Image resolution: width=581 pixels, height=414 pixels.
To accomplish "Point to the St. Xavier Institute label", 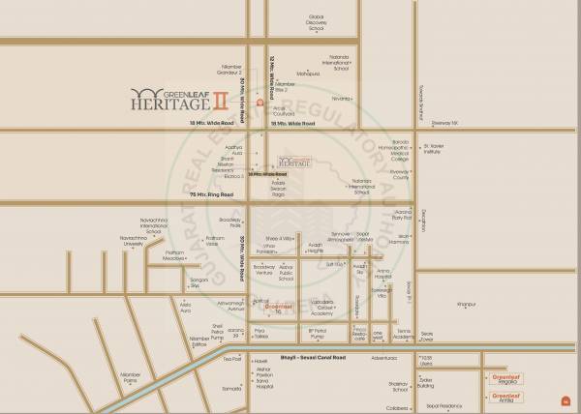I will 433,149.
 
